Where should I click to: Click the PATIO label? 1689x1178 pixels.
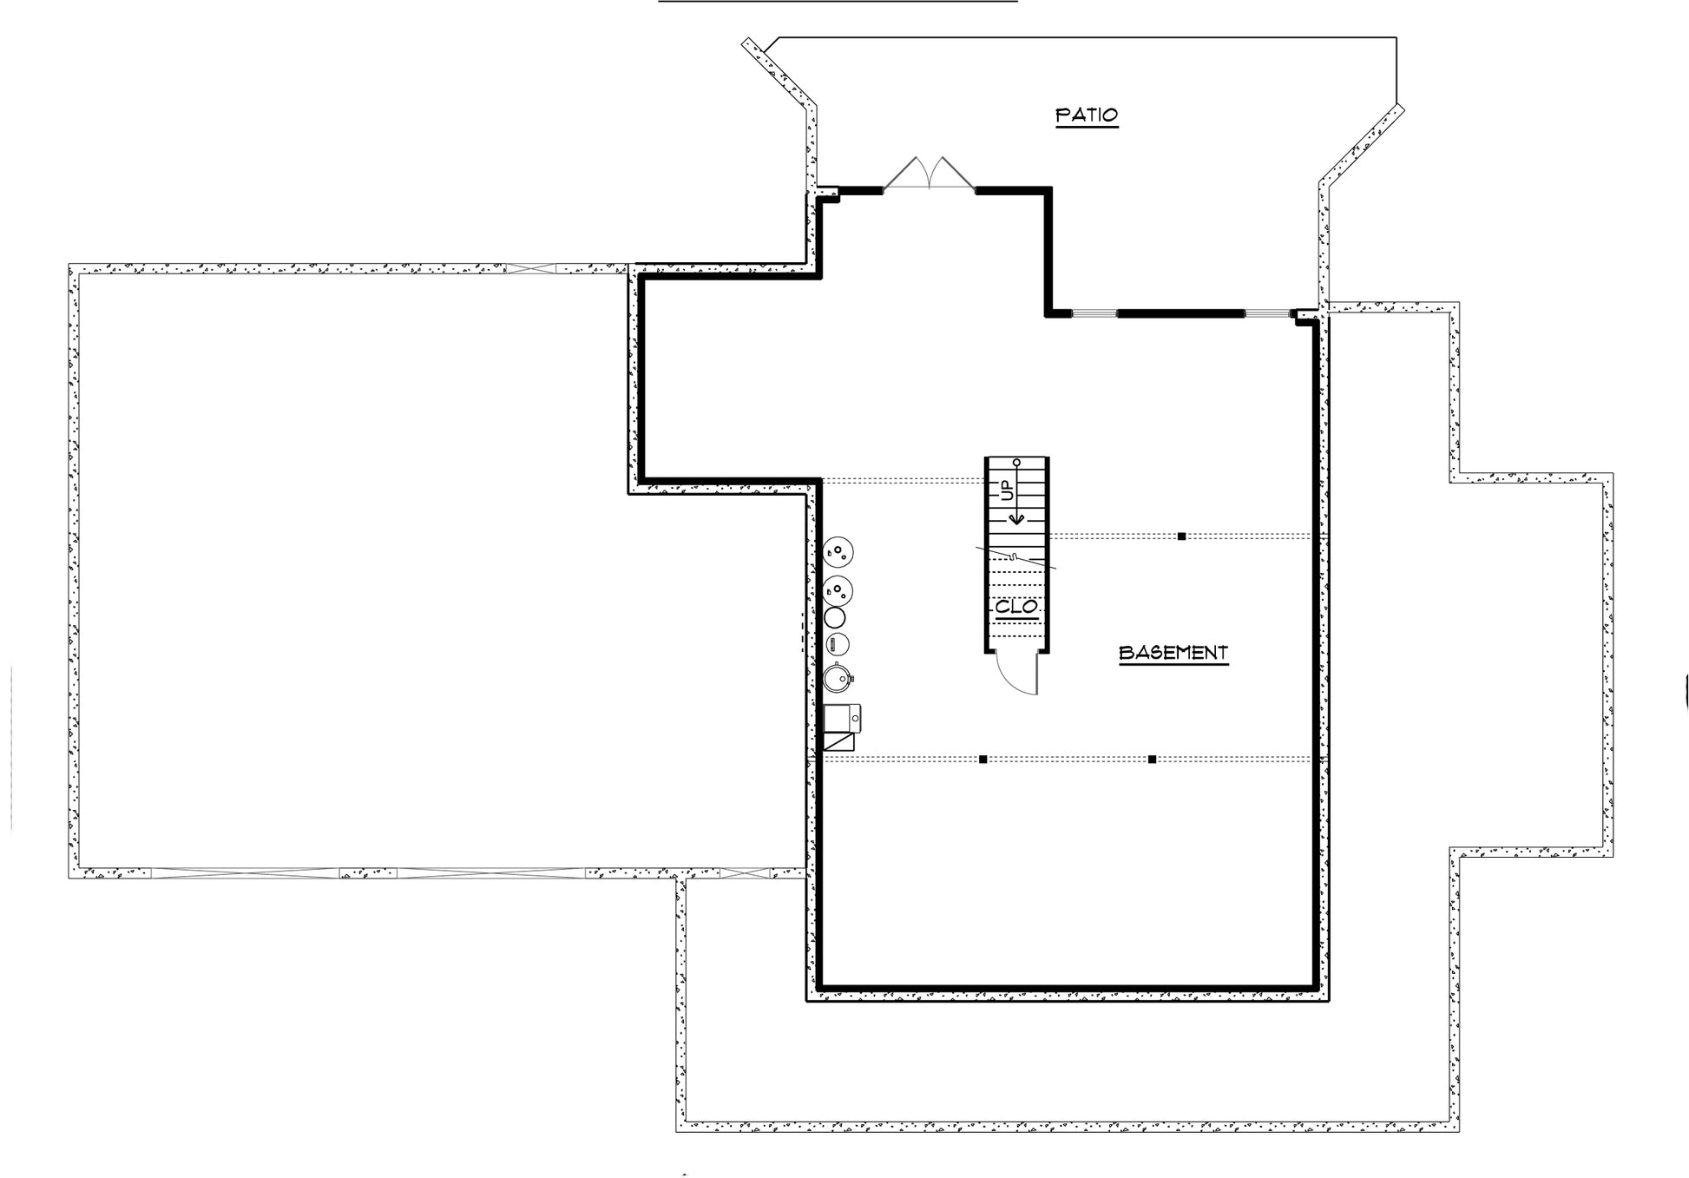[x=1087, y=115]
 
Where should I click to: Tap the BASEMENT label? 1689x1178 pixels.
[x=1173, y=652]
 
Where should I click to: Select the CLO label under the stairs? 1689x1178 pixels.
[x=1016, y=607]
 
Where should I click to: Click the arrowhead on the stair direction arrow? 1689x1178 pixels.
[x=1016, y=518]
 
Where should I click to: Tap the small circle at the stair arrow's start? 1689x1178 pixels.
[x=1016, y=462]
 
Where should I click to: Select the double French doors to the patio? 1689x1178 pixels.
[x=929, y=174]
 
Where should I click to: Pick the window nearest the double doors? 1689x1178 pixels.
[x=1094, y=313]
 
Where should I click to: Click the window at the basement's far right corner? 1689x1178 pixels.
[x=1268, y=313]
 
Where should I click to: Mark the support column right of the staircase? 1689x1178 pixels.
[x=1181, y=536]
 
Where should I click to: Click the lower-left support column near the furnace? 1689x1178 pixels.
[x=983, y=760]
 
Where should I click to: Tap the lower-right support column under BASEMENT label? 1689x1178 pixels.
[x=1152, y=760]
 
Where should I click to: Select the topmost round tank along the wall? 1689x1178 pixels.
[x=838, y=552]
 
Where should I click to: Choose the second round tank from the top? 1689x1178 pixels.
[x=838, y=591]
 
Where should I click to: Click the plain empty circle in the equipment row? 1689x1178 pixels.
[x=835, y=617]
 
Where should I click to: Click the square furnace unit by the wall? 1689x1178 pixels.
[x=842, y=718]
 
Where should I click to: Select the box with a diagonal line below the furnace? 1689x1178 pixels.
[x=838, y=741]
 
